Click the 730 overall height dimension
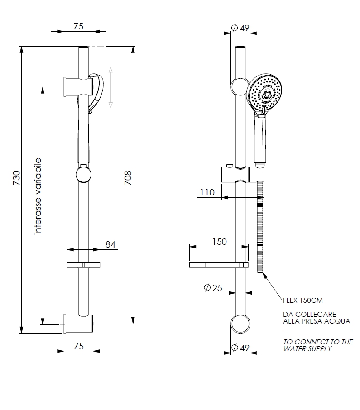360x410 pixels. coord(16,179)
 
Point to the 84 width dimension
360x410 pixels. coord(110,244)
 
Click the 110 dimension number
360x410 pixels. coord(206,192)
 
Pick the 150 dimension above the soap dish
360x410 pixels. coord(219,242)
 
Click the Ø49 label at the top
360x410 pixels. coord(240,28)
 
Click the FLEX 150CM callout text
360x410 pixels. coord(303,300)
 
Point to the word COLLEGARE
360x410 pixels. coord(316,314)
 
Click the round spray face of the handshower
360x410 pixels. coord(266,93)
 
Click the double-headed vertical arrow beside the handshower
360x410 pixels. coord(111,87)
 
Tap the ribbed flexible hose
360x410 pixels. coord(259,226)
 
